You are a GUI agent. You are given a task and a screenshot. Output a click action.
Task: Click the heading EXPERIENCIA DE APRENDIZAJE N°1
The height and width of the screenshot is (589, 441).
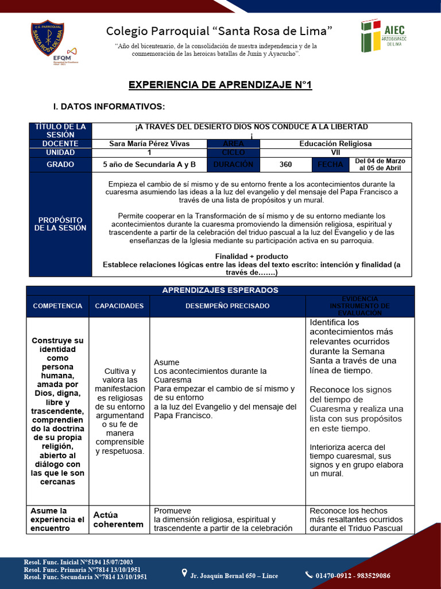tap(220, 85)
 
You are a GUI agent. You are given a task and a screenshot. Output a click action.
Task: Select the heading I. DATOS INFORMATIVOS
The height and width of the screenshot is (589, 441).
tap(109, 106)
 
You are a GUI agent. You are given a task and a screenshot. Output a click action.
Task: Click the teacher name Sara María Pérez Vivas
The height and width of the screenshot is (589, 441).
tap(149, 144)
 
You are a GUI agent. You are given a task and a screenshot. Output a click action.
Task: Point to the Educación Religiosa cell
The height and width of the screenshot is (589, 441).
tap(335, 144)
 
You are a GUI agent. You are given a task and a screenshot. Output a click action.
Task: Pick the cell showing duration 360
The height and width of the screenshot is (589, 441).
tap(285, 165)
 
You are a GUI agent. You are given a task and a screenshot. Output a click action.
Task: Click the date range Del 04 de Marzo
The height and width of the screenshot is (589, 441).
tap(380, 165)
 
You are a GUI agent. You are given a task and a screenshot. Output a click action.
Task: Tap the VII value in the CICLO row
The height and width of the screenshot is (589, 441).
tap(335, 153)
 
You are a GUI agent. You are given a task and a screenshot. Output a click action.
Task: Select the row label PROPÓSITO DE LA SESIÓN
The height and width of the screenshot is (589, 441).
tap(60, 224)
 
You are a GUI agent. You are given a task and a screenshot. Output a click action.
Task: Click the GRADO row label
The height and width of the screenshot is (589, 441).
tap(60, 165)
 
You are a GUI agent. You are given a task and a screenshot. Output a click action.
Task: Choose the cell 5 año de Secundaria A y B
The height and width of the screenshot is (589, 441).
tap(149, 165)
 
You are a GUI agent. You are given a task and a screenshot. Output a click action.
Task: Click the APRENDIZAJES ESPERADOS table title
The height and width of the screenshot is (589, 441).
tap(220, 290)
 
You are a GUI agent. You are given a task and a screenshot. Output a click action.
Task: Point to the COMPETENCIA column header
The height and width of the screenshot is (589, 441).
tap(57, 306)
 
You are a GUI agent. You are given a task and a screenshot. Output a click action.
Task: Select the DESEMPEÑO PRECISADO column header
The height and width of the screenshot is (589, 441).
tap(227, 306)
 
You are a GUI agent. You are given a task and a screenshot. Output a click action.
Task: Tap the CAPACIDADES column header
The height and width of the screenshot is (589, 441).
tap(119, 306)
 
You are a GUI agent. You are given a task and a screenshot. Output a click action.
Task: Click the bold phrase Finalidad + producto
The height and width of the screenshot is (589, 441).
tap(252, 256)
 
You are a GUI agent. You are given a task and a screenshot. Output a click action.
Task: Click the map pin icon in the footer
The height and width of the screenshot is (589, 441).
tap(184, 573)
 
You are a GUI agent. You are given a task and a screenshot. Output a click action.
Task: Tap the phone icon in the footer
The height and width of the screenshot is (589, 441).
tap(310, 575)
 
